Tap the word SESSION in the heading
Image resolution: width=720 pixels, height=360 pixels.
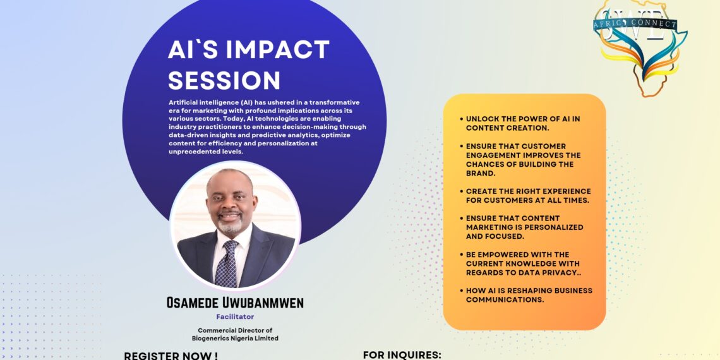pyautogui.click(x=224, y=80)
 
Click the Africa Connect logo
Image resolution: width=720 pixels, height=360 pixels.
pyautogui.click(x=640, y=46)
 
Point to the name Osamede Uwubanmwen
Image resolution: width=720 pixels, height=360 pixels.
pyautogui.click(x=235, y=303)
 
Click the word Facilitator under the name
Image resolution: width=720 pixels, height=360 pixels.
pyautogui.click(x=235, y=316)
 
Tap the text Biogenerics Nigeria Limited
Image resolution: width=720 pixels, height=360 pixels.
pyautogui.click(x=235, y=339)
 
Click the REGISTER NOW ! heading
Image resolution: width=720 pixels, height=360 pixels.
pyautogui.click(x=171, y=356)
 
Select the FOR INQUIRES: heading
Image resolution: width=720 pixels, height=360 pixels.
pyautogui.click(x=402, y=355)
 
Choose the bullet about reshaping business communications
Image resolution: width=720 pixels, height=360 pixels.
pyautogui.click(x=526, y=295)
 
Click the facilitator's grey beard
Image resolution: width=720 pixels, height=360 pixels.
pyautogui.click(x=230, y=226)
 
